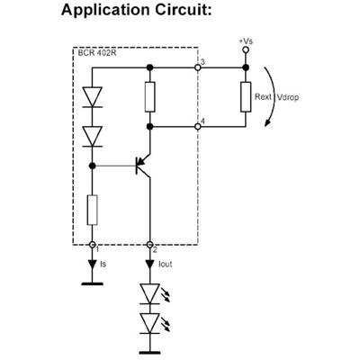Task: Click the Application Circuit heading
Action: [x=149, y=12]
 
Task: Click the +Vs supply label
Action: [x=245, y=41]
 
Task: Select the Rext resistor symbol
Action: [x=245, y=96]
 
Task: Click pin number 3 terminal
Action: [x=197, y=67]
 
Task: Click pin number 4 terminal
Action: [x=197, y=127]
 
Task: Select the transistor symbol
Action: [x=141, y=165]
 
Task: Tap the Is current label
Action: [x=103, y=265]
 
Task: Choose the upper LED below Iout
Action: [x=150, y=293]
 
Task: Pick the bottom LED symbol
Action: [x=150, y=323]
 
